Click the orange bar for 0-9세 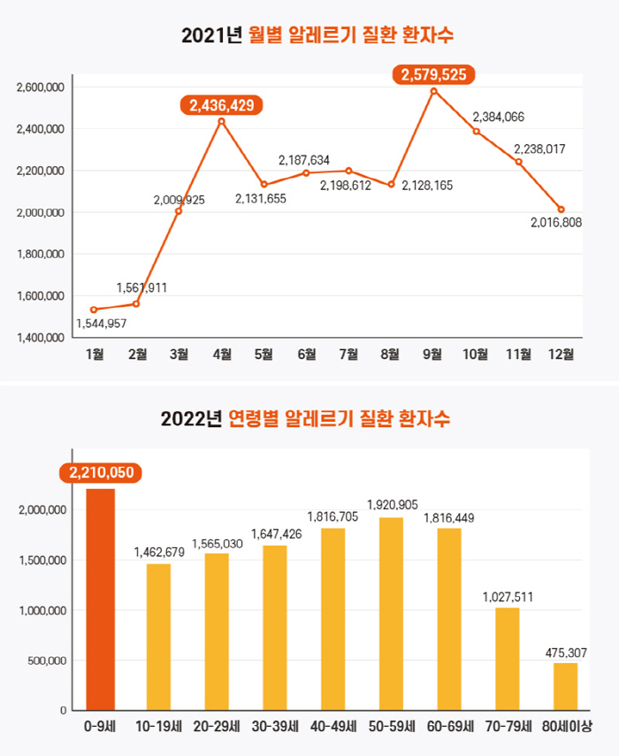click(x=101, y=599)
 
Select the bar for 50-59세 click(x=391, y=614)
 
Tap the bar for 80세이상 click(x=566, y=686)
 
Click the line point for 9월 click(x=433, y=91)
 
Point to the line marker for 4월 click(x=221, y=121)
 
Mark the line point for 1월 click(x=94, y=309)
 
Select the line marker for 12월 click(x=561, y=210)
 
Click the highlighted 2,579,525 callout click(x=433, y=75)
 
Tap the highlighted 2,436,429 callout click(x=222, y=105)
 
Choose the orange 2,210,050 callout click(x=100, y=472)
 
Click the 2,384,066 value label click(x=499, y=116)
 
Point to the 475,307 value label click(x=566, y=653)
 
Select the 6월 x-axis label click(x=307, y=355)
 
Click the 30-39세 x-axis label click(x=275, y=727)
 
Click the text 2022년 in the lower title click(x=191, y=418)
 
